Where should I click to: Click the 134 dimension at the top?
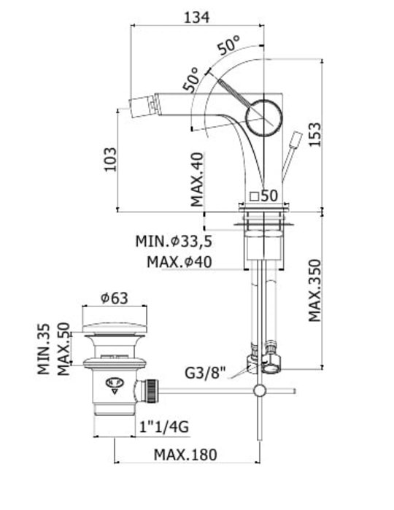click(197, 18)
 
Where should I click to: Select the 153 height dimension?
click(314, 135)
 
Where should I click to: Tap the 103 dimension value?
click(110, 159)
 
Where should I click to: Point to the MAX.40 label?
click(197, 179)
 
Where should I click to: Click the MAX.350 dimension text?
click(314, 290)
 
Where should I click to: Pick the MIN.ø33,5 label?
click(174, 242)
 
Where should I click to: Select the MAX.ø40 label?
click(179, 262)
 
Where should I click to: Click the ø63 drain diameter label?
click(115, 298)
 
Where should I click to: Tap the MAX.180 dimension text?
click(185, 455)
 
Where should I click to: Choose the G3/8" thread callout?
click(205, 373)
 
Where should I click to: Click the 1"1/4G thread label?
click(164, 427)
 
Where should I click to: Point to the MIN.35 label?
click(44, 349)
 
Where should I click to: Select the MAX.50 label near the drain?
click(63, 349)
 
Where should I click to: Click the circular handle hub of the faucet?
click(263, 117)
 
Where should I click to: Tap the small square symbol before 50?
click(254, 196)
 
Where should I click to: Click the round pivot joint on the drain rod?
click(260, 390)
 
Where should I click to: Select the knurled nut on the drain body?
click(150, 390)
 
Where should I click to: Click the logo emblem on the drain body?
click(115, 385)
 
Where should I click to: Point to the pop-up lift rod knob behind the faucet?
click(297, 140)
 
